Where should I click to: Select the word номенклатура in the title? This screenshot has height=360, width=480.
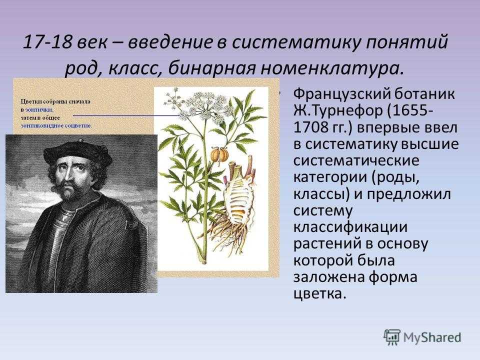click(330, 68)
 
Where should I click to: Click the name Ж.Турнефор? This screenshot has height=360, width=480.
click(338, 110)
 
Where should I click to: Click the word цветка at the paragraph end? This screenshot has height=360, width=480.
click(319, 294)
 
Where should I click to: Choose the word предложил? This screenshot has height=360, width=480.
click(408, 194)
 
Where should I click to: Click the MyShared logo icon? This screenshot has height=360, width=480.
click(392, 337)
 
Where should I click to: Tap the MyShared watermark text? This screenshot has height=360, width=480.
click(432, 337)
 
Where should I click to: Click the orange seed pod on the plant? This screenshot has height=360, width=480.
click(219, 154)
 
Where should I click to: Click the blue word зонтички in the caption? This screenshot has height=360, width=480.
click(39, 109)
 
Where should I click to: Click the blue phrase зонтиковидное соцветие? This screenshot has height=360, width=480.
click(56, 125)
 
